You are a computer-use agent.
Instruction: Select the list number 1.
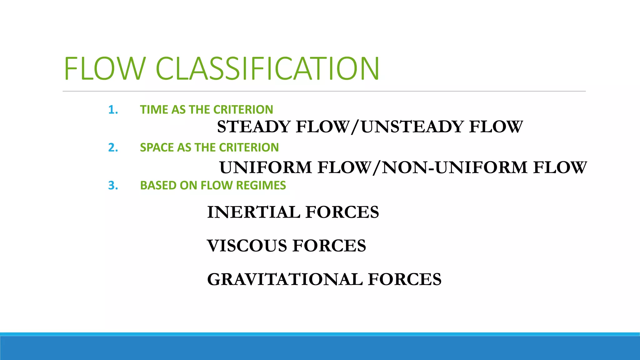[113, 110]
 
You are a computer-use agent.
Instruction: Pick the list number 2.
[113, 147]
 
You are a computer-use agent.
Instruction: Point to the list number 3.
[113, 186]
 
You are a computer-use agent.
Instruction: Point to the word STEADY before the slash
[254, 127]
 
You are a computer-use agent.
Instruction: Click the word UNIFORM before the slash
[266, 167]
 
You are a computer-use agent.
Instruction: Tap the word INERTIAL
[253, 212]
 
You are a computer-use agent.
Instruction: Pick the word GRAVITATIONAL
[285, 279]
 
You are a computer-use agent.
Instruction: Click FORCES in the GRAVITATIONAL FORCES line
[405, 279]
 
